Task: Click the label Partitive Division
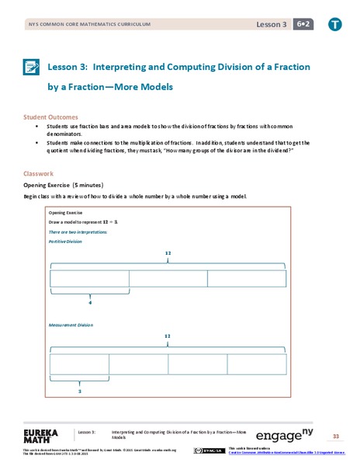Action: click(65, 241)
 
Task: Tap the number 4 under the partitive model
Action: click(90, 303)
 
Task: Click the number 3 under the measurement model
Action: click(80, 391)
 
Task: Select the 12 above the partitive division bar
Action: click(168, 253)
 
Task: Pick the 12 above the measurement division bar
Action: click(168, 336)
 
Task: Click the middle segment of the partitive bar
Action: click(168, 279)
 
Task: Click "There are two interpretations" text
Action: click(78, 231)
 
